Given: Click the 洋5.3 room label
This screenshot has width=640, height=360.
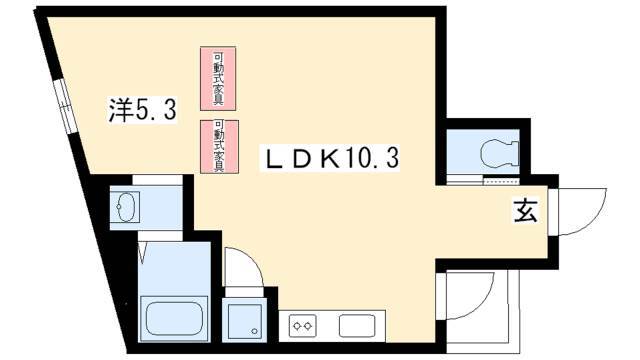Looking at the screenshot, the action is (142, 109).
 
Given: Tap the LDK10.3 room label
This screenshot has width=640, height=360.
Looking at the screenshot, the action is (331, 159).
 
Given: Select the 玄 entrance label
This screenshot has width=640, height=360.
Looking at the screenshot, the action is (526, 211).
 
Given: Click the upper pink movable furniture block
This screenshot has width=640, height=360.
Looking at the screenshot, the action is (218, 78).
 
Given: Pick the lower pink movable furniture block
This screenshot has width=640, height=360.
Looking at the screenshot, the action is (219, 147).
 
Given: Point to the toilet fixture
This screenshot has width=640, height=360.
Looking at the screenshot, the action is (500, 153).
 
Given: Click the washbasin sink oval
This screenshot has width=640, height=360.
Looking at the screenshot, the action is (126, 207).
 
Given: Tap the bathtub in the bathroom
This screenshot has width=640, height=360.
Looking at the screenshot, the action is (174, 319).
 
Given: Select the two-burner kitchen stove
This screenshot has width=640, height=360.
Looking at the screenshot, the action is (302, 326).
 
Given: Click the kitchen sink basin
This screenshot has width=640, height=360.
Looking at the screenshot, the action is (357, 326).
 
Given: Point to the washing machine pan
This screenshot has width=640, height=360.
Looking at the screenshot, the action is (244, 322).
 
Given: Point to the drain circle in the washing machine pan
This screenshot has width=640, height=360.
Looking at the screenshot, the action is (255, 331).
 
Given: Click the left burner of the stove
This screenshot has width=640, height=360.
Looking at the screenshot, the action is (297, 326).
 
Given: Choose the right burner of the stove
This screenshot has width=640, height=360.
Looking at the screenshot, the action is (308, 326).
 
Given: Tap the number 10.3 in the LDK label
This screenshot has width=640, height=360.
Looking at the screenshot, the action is (373, 159).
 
